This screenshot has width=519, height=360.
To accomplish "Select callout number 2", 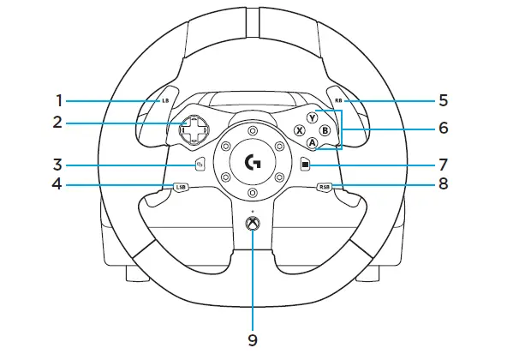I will pyautogui.click(x=57, y=121).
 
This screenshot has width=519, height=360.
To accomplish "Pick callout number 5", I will pyautogui.click(x=443, y=99).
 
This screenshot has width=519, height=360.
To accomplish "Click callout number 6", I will pyautogui.click(x=443, y=128).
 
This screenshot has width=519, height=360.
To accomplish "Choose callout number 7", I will pyautogui.click(x=443, y=162).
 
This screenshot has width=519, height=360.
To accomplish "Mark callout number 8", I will pyautogui.click(x=443, y=183).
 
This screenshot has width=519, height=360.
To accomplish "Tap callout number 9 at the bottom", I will pyautogui.click(x=253, y=340).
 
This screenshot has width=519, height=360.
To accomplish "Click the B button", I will pyautogui.click(x=325, y=130).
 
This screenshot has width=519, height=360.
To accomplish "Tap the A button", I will pyautogui.click(x=312, y=143).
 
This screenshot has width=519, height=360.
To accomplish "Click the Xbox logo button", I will pyautogui.click(x=253, y=225).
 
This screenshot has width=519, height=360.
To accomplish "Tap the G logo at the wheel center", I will pyautogui.click(x=253, y=161).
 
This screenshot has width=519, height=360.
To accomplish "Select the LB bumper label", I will pyautogui.click(x=165, y=100).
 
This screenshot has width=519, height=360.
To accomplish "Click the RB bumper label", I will pyautogui.click(x=340, y=100).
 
